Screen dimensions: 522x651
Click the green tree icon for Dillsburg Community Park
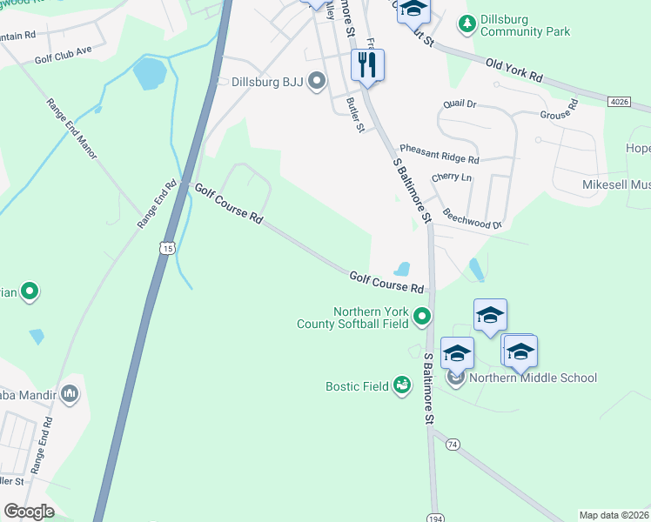click(x=467, y=21)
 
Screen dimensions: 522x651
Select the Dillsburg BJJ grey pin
click(x=317, y=83)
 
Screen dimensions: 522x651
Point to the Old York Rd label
click(x=513, y=70)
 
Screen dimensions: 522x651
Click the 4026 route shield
click(x=619, y=102)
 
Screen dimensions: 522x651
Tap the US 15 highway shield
click(x=166, y=249)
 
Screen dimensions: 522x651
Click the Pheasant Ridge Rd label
click(x=440, y=154)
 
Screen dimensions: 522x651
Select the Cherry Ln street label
click(x=451, y=177)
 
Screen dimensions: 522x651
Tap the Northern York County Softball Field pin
click(x=422, y=316)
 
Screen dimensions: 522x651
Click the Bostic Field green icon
click(x=401, y=384)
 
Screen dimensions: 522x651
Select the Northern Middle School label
click(x=533, y=378)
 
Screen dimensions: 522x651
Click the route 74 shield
click(x=451, y=444)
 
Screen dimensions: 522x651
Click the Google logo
click(x=29, y=512)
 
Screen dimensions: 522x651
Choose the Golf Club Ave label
click(x=63, y=51)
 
